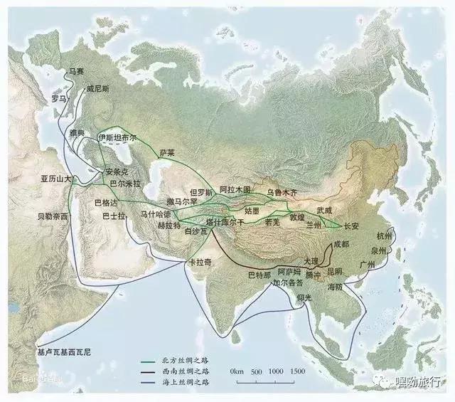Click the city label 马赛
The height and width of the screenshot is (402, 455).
tap(76, 71)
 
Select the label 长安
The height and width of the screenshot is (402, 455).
tap(351, 226)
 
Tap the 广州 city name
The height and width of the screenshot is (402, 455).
tap(368, 265)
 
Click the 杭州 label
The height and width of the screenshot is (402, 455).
tap(385, 236)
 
